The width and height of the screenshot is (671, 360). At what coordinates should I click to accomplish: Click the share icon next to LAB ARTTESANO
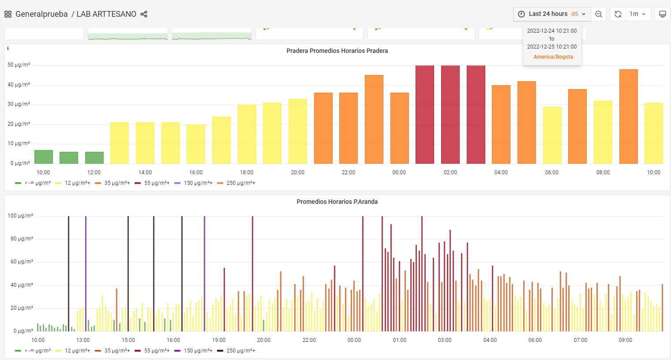(144, 14)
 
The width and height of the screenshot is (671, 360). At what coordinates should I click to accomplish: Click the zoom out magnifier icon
(599, 14)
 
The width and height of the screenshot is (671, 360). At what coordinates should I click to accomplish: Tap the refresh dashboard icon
(618, 14)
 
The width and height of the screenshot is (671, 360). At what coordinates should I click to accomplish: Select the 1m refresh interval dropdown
(637, 14)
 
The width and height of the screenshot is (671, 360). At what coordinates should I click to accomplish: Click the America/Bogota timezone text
(553, 57)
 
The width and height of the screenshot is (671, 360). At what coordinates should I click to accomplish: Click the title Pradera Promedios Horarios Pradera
(337, 51)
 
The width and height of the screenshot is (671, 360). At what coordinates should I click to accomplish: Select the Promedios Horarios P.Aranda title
(337, 202)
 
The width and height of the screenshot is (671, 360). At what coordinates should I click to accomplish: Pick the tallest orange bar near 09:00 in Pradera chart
(629, 116)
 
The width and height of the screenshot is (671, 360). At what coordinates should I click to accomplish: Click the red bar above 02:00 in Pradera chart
(450, 114)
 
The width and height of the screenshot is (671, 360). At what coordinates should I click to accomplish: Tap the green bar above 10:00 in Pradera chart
(43, 157)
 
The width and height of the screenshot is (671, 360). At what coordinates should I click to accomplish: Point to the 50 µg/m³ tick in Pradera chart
(19, 65)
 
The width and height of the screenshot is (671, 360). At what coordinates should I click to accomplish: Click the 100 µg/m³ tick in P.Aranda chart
(20, 216)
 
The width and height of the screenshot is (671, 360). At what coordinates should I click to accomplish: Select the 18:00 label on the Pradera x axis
(247, 172)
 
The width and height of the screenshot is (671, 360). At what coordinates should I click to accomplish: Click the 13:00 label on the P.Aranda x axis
(82, 340)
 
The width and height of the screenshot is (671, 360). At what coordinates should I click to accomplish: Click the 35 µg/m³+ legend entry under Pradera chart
(112, 183)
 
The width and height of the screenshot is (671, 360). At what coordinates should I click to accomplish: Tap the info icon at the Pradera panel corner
(8, 48)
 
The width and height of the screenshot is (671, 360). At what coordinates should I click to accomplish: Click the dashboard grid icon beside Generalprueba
(8, 14)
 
